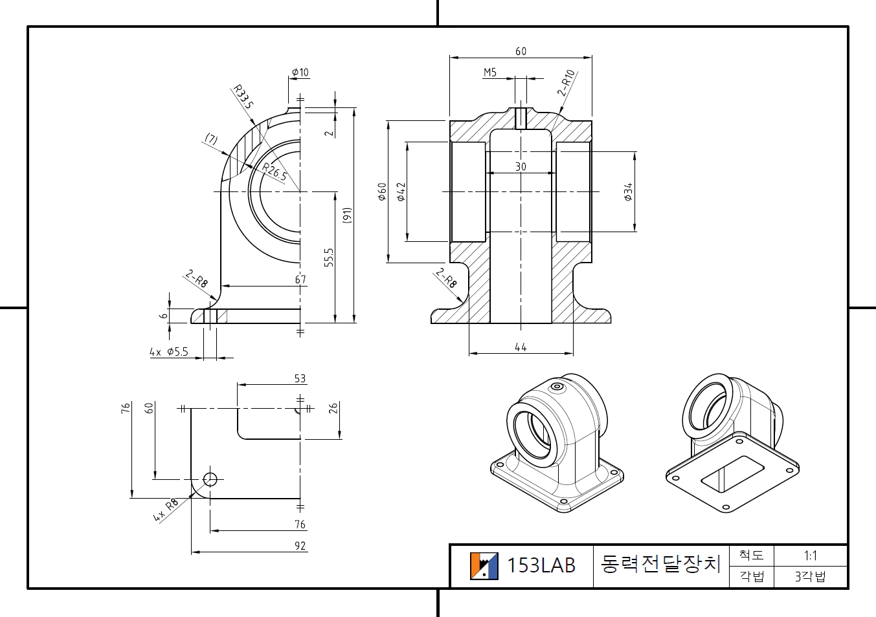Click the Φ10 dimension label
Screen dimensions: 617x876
tap(300, 72)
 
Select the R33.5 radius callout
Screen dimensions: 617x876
tap(243, 96)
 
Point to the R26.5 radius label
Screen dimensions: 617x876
tap(275, 171)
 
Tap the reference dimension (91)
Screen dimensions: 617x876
tap(347, 215)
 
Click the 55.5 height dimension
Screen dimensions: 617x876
tap(329, 257)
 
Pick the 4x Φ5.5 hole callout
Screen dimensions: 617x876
tap(169, 352)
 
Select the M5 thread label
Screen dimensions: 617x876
tap(490, 72)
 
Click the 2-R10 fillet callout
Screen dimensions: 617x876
tap(567, 83)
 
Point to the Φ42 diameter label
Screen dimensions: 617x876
tap(401, 191)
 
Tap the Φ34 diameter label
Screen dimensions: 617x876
tap(627, 192)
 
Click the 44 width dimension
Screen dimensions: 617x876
tap(521, 347)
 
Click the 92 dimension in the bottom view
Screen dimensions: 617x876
tap(300, 546)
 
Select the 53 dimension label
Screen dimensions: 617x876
tap(300, 378)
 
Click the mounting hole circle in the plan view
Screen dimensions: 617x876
tap(210, 479)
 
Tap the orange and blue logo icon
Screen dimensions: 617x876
tap(484, 566)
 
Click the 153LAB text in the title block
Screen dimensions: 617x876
tap(541, 566)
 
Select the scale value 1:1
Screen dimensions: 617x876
tap(810, 556)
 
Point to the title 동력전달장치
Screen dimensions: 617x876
tap(660, 564)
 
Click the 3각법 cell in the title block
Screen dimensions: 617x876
tap(810, 576)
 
